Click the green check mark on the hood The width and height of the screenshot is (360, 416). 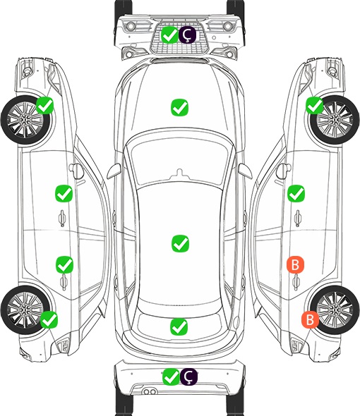click(x=179, y=107)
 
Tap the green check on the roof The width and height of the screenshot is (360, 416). click(x=180, y=243)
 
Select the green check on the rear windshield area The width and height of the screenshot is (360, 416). click(x=179, y=326)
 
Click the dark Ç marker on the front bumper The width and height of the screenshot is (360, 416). click(x=187, y=35)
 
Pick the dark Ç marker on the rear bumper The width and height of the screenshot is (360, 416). click(x=188, y=377)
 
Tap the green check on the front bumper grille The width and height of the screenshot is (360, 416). click(x=169, y=35)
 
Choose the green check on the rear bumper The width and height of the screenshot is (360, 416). click(x=171, y=377)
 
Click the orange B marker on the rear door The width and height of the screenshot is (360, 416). click(x=295, y=264)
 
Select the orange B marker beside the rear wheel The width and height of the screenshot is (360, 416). click(x=310, y=319)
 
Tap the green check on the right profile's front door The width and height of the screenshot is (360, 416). click(x=296, y=193)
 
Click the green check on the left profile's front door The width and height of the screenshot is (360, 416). click(x=64, y=193)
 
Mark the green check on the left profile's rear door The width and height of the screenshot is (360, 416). click(x=64, y=264)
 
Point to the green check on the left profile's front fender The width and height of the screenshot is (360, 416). click(x=45, y=105)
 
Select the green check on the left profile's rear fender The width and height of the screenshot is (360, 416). click(x=49, y=319)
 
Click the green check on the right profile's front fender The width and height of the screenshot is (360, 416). click(x=315, y=105)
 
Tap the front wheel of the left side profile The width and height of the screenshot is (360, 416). click(x=25, y=121)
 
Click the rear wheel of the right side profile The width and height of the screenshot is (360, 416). click(x=335, y=310)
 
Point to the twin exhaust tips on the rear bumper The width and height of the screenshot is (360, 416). click(x=150, y=391)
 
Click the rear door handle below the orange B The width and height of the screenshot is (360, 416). click(x=296, y=282)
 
